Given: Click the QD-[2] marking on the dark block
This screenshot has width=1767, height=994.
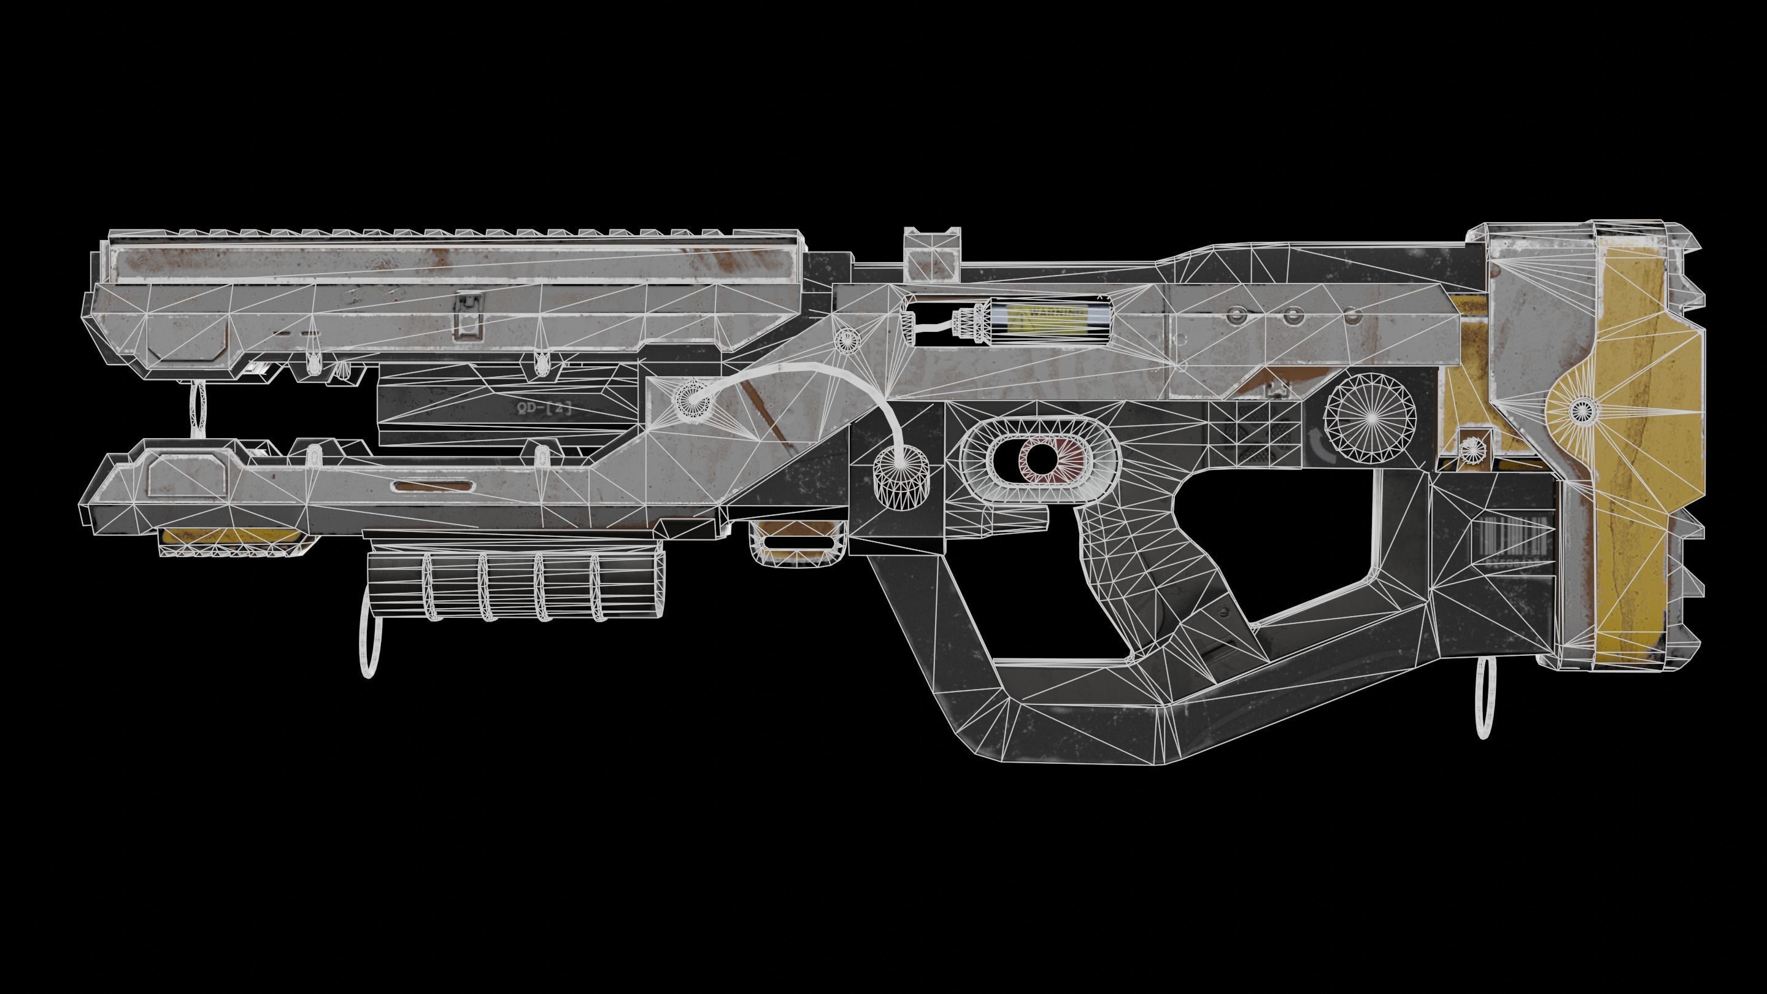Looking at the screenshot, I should tap(542, 408).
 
